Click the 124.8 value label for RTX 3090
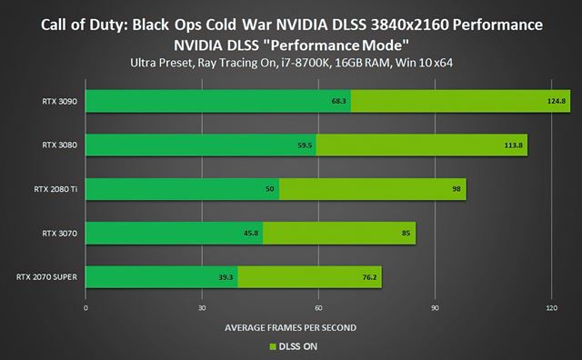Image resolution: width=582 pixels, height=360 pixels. coord(557,101)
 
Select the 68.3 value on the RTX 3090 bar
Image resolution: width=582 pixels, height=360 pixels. coord(340,101)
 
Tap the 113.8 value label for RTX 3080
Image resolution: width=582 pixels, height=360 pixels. coord(515,145)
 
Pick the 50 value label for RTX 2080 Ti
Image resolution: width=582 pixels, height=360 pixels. coord(270,191)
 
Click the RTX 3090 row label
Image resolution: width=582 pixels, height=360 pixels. coord(58,101)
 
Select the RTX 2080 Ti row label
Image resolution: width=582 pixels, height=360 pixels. coord(55,190)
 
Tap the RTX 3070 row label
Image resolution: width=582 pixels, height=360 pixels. coord(58,234)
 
